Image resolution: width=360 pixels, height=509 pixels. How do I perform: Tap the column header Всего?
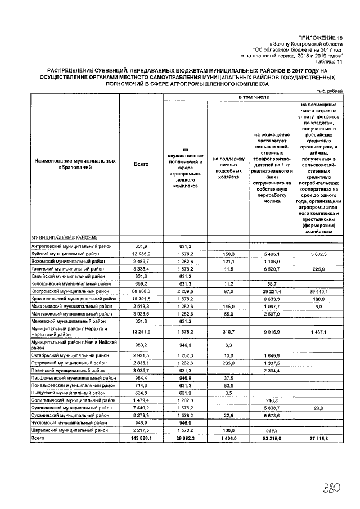click(141, 164)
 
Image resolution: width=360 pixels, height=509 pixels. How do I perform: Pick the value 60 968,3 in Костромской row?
click(141, 291)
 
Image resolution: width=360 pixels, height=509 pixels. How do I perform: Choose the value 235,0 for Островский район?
click(227, 363)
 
